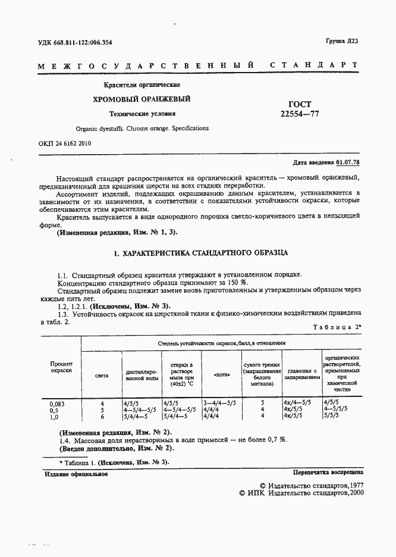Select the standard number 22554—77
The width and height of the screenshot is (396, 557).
(299, 114)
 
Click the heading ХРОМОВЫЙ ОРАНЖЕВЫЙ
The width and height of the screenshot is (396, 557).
(141, 99)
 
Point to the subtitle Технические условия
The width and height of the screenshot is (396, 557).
(142, 113)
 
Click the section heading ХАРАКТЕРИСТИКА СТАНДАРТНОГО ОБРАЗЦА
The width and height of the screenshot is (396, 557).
(205, 253)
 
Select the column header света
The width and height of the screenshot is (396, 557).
(102, 375)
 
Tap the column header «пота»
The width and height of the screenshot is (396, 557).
(220, 375)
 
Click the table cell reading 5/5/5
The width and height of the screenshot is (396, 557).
(331, 417)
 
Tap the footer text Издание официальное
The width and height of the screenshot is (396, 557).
(76, 474)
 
